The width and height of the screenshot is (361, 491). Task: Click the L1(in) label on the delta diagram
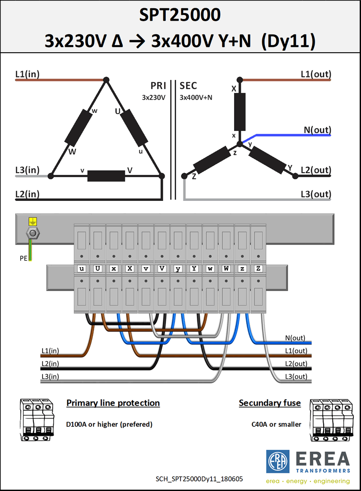[x=27, y=74]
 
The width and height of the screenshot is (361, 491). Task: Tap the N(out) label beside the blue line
[x=317, y=130]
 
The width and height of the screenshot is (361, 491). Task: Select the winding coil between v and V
[x=106, y=176]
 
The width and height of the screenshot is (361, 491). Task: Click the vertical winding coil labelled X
[x=239, y=112]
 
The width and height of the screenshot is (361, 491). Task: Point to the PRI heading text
[x=158, y=86]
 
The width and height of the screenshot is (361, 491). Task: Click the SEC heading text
[x=188, y=86]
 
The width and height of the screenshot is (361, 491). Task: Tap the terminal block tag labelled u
[x=81, y=269]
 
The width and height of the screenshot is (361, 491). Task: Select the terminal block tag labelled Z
[x=259, y=269]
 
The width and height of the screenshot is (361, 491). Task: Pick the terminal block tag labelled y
[x=178, y=269]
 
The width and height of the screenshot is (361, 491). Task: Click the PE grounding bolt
[x=33, y=233]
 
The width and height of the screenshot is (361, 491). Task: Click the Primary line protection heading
[x=113, y=403]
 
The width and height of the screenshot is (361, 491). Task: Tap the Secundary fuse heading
[x=270, y=403]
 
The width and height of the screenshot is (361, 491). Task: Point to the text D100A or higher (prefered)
[x=109, y=424]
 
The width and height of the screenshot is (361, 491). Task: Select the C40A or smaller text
[x=276, y=424]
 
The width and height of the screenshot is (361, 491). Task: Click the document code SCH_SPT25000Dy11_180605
[x=199, y=479]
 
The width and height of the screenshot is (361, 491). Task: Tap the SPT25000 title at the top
[x=180, y=15]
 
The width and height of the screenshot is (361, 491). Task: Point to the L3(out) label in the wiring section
[x=296, y=376]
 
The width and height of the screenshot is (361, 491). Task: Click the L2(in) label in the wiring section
[x=50, y=364]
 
